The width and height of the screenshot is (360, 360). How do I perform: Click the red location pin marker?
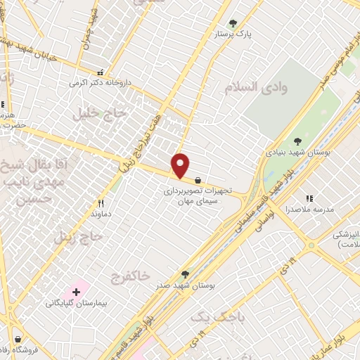(x=181, y=165)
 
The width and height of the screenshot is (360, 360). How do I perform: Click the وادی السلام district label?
(x=257, y=87)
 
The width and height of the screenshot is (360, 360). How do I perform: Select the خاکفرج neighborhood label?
(x=130, y=277)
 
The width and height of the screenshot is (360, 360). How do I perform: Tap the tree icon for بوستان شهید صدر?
(x=186, y=274)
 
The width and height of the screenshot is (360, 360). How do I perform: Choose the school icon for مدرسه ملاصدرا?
(x=308, y=199)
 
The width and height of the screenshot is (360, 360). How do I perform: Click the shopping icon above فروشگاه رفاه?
(x=17, y=339)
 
